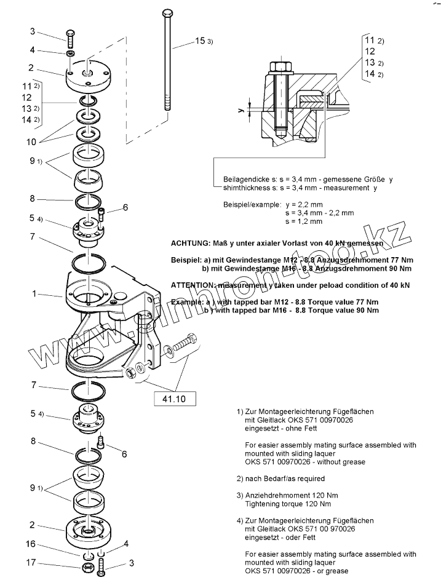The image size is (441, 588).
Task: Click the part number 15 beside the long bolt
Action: click(x=199, y=41)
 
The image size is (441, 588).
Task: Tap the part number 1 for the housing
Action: click(x=34, y=294)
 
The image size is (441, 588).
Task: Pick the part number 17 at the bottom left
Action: click(x=30, y=562)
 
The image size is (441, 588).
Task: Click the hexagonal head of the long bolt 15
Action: click(x=167, y=13)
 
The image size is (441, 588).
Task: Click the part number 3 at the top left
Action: click(x=33, y=31)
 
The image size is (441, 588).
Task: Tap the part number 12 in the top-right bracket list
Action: click(x=370, y=52)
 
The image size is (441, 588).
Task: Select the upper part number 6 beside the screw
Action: click(x=125, y=208)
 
